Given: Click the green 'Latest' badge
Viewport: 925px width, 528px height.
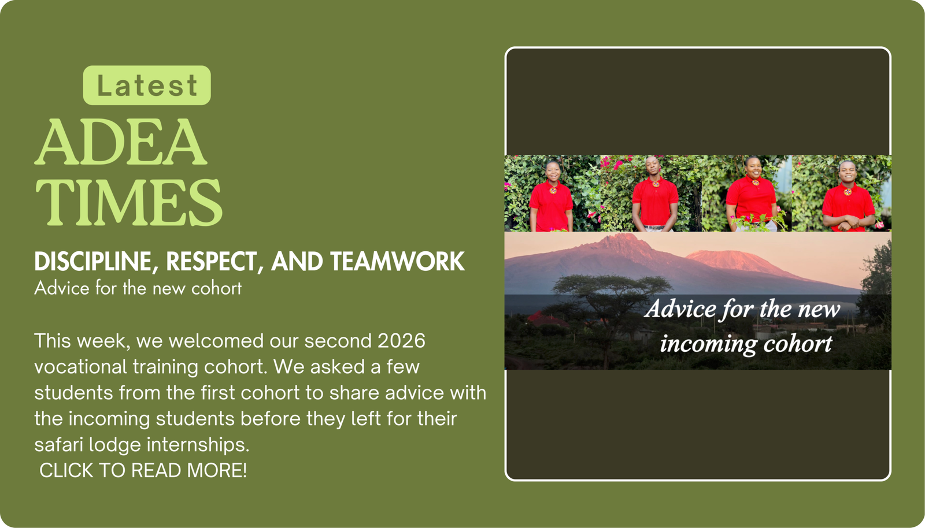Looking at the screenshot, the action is click(147, 85).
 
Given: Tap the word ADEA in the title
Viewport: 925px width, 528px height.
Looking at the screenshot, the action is click(121, 142).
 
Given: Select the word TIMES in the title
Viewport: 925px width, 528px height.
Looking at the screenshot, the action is click(129, 203).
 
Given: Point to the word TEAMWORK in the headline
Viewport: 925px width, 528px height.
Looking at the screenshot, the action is click(397, 261).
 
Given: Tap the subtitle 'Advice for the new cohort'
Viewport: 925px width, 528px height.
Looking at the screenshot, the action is click(138, 288).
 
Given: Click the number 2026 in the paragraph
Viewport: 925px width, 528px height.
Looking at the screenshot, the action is click(401, 341).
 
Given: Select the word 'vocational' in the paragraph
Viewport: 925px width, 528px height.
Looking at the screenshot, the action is click(80, 367).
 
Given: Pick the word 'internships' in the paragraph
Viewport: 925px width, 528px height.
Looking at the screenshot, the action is click(198, 445).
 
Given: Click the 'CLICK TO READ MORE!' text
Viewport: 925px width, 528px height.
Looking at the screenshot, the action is click(143, 471).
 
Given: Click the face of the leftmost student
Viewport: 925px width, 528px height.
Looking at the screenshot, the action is click(553, 172).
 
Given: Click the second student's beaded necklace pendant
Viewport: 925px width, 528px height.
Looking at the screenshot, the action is click(656, 184).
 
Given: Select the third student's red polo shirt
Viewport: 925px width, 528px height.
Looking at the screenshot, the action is click(752, 200).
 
